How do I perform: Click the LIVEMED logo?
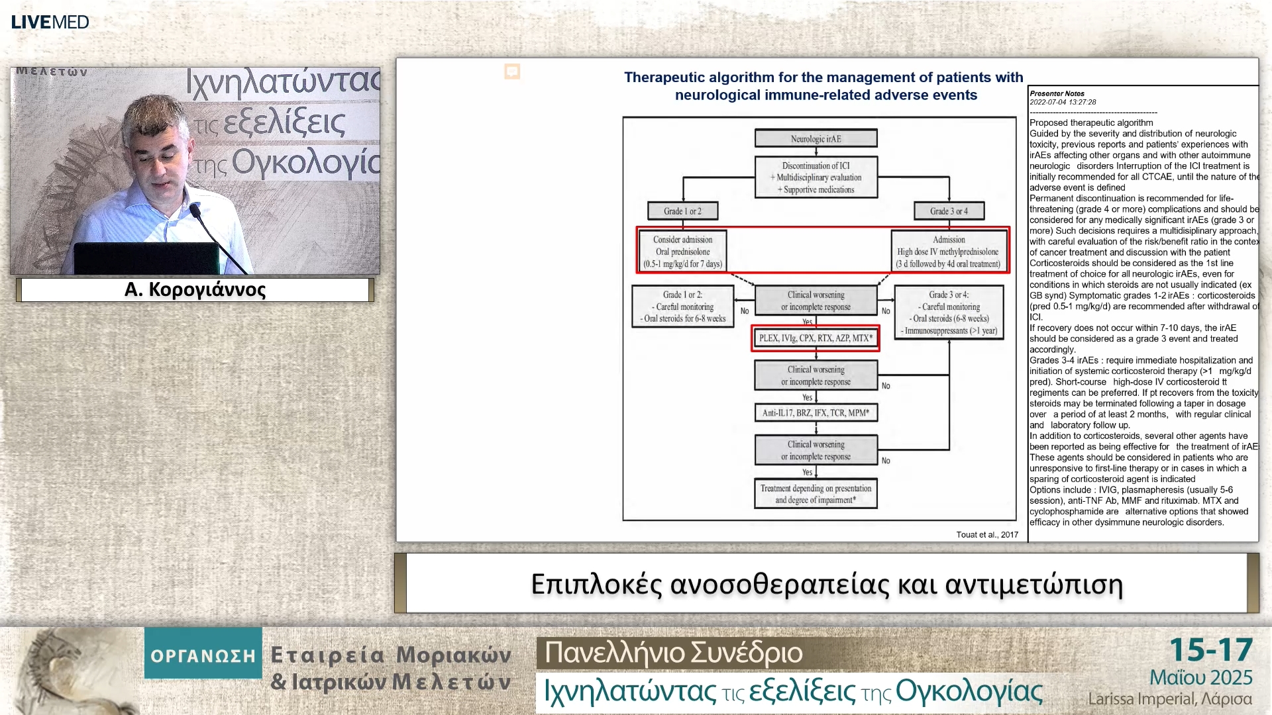[50, 22]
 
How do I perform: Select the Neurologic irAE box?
[816, 138]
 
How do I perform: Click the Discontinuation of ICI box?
[816, 177]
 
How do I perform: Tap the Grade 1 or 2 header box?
[682, 211]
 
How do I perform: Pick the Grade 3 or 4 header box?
[949, 211]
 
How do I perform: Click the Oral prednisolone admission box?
[682, 251]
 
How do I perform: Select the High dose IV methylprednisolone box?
[948, 251]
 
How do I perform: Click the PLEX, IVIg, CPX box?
[816, 338]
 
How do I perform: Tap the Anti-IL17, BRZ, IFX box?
[816, 412]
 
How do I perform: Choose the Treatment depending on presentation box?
[816, 494]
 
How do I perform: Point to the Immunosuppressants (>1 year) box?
[949, 312]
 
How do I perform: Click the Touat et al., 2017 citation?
[986, 534]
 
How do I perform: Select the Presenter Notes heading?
[1057, 93]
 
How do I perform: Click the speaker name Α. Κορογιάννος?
[195, 289]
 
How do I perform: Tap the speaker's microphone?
[195, 211]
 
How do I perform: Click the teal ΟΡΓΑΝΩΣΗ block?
[203, 655]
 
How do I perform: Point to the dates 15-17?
[1210, 650]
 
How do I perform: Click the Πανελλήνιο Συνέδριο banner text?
[673, 653]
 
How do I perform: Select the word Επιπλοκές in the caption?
[596, 584]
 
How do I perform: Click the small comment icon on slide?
[512, 71]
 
